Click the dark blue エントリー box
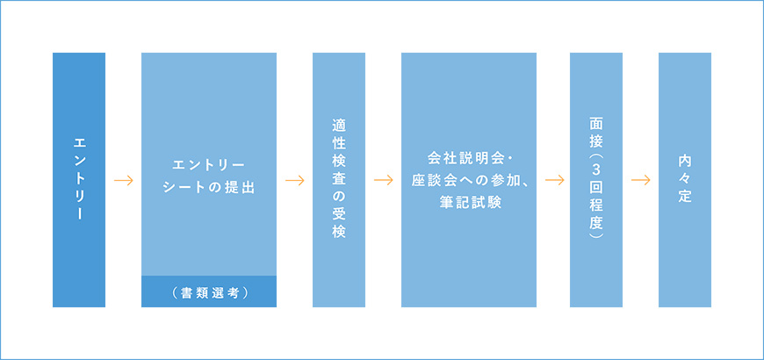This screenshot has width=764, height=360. [x=79, y=180]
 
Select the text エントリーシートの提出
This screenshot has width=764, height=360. [x=209, y=176]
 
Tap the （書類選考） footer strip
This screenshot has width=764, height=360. [x=209, y=292]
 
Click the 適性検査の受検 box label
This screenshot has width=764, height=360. [x=339, y=180]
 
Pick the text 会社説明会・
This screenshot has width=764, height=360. [x=469, y=159]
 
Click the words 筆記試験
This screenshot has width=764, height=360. [x=469, y=202]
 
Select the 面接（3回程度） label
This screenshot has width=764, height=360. [x=596, y=180]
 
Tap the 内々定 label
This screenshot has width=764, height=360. [x=685, y=180]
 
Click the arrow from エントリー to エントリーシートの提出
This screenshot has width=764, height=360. [x=123, y=180]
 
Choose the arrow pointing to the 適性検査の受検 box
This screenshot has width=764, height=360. [x=295, y=180]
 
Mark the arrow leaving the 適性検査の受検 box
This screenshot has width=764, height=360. [x=384, y=180]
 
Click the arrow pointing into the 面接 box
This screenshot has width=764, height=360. [x=554, y=180]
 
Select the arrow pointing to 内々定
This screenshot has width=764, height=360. [x=641, y=180]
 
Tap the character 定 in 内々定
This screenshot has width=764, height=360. [x=685, y=198]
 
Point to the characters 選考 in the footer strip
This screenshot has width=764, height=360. [x=226, y=292]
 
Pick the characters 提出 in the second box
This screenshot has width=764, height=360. [x=241, y=188]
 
